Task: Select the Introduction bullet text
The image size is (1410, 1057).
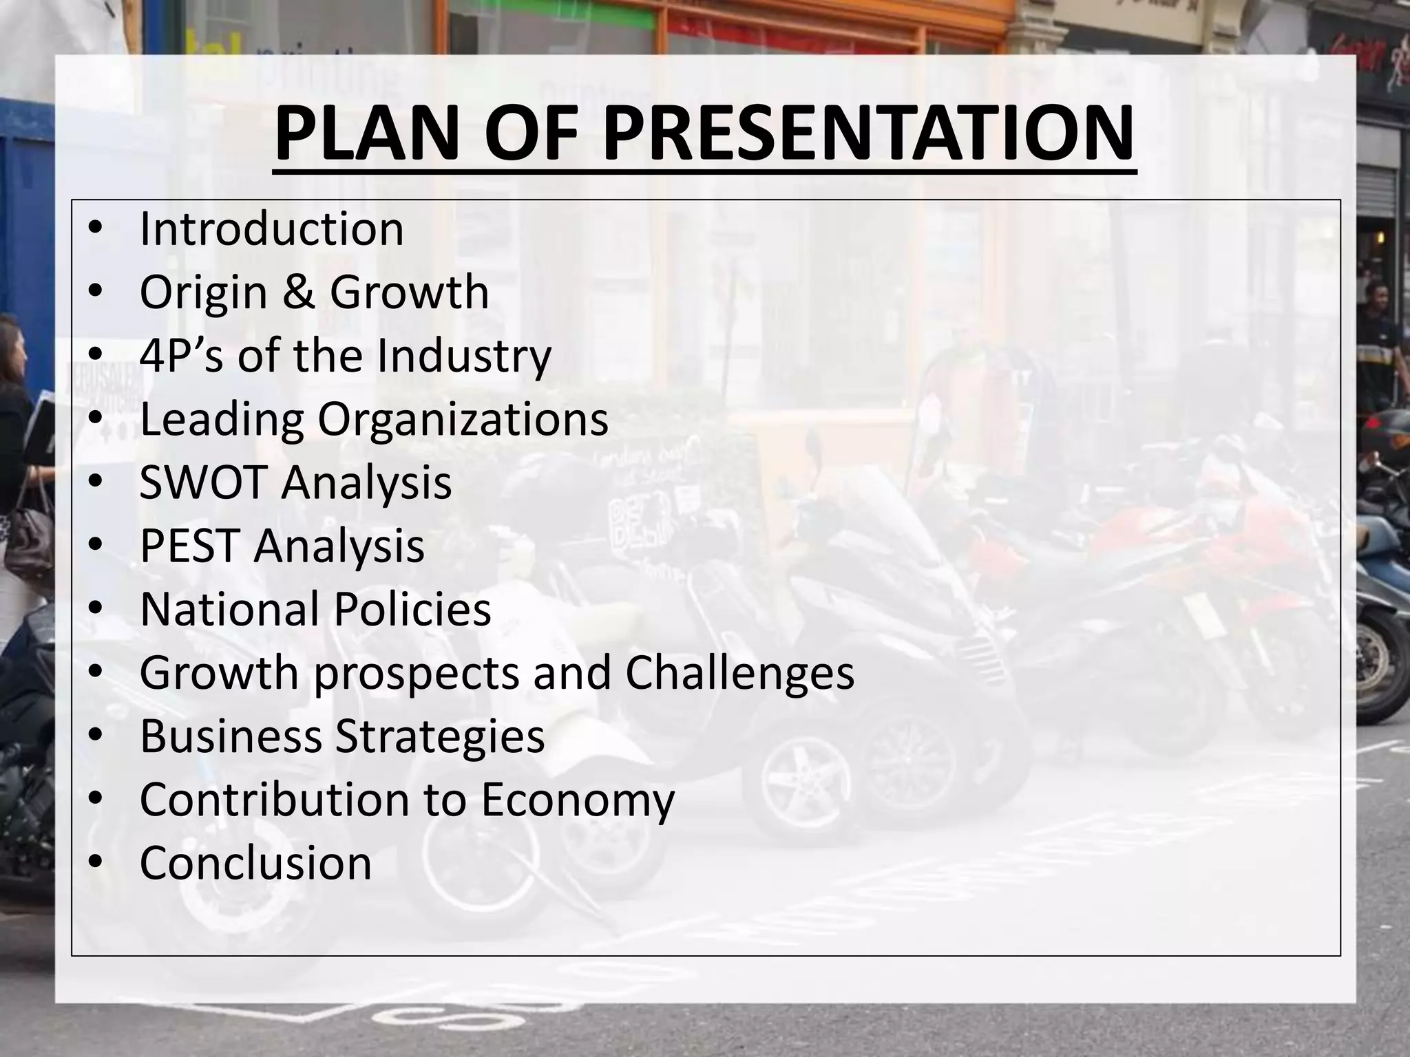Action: click(x=271, y=229)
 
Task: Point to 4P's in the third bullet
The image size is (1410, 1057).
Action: click(x=181, y=355)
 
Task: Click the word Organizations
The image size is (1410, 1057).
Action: click(x=463, y=419)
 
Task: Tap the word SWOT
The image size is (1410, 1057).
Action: click(x=202, y=482)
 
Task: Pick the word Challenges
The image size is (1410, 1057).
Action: click(x=739, y=672)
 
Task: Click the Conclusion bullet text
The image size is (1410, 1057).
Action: click(x=255, y=863)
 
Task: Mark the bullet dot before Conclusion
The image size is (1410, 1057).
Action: click(x=96, y=863)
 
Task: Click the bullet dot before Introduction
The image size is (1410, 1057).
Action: click(x=96, y=229)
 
